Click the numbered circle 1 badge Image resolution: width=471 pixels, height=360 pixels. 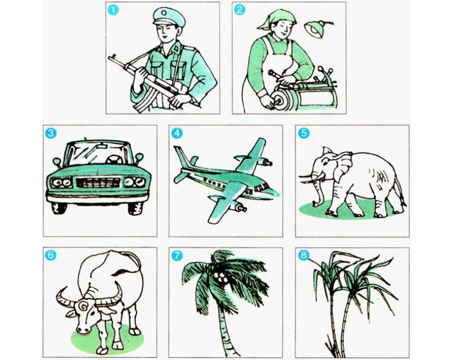pos(113,10)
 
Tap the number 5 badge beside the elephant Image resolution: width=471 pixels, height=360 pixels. pos(303,132)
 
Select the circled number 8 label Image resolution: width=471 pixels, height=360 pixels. pos(303,255)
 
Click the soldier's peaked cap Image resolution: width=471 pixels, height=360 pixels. pos(168,17)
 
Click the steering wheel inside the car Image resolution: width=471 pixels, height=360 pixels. pos(114,159)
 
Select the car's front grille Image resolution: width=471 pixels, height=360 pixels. pos(98,182)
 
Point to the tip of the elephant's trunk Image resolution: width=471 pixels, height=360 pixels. pos(315,205)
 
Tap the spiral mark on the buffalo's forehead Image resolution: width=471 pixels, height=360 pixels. pos(84,306)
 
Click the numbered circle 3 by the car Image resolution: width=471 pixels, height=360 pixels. pos(50,132)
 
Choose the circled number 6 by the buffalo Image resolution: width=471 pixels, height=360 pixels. pos(50,255)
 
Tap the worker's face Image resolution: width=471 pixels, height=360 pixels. pos(284,29)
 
